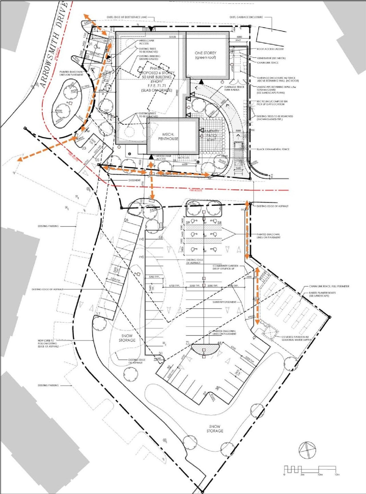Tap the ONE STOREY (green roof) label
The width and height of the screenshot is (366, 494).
click(206, 55)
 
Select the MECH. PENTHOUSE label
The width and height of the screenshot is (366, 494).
click(168, 136)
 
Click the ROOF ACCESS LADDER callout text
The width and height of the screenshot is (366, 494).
click(270, 49)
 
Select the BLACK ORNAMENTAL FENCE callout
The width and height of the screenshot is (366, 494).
click(273, 149)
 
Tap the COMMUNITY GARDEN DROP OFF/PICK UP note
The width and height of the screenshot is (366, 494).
click(225, 267)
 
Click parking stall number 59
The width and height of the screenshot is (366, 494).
click(188, 223)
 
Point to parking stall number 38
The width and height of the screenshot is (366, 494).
click(218, 388)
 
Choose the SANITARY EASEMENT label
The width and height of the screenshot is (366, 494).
click(224, 302)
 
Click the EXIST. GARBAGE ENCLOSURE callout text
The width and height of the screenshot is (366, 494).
click(246, 17)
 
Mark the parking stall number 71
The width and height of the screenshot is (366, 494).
click(188, 343)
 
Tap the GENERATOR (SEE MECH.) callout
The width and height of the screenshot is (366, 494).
click(271, 58)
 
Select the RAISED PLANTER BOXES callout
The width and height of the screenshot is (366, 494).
click(322, 294)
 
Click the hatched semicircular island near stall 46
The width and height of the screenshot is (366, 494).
click(205, 349)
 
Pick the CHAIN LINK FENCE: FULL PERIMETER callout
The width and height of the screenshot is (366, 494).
click(329, 286)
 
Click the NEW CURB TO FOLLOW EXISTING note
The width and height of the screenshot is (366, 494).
click(48, 343)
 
